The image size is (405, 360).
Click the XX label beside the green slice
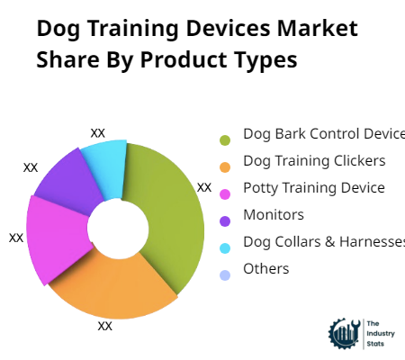tap(204, 187)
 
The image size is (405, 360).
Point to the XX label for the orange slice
tap(105, 326)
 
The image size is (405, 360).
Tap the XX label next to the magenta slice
tap(16, 238)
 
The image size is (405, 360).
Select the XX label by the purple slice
tap(31, 167)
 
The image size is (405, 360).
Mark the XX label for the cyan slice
tap(98, 132)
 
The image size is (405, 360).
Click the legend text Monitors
tap(274, 215)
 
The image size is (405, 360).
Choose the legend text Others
tap(266, 269)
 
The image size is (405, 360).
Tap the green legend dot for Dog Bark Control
tap(225, 139)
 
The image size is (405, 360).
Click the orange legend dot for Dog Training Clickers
tap(225, 166)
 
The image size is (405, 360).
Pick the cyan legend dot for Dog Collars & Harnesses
tap(225, 247)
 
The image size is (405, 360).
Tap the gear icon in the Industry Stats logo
tap(343, 333)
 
